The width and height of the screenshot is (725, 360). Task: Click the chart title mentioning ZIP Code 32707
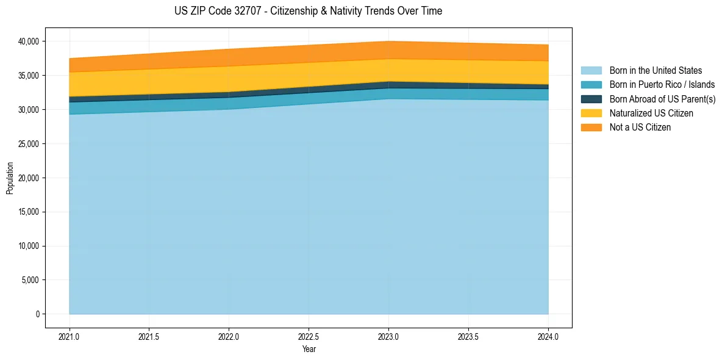[x=308, y=11]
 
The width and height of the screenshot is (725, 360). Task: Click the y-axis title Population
[x=10, y=178]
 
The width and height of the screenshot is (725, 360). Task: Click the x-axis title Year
[x=309, y=349]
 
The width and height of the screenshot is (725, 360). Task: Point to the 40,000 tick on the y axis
[x=28, y=41]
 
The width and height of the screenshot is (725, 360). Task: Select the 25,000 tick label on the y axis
[x=28, y=144]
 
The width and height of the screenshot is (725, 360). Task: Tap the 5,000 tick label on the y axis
[x=30, y=281]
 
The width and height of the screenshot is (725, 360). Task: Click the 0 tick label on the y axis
[x=37, y=314]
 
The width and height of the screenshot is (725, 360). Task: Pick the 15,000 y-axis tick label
[x=28, y=212]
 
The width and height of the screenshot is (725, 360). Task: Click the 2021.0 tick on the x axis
[x=69, y=336]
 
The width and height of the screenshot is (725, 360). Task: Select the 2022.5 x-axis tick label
[x=309, y=336]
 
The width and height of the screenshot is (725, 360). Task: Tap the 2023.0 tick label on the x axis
[x=388, y=336]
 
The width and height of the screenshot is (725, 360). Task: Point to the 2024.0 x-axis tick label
[x=548, y=336]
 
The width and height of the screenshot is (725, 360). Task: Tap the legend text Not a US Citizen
[x=640, y=128]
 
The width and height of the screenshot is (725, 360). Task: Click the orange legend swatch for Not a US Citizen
[x=591, y=128]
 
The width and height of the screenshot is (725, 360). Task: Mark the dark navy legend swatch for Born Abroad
[x=591, y=99]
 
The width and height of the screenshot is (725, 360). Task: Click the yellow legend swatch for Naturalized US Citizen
[x=591, y=113]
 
